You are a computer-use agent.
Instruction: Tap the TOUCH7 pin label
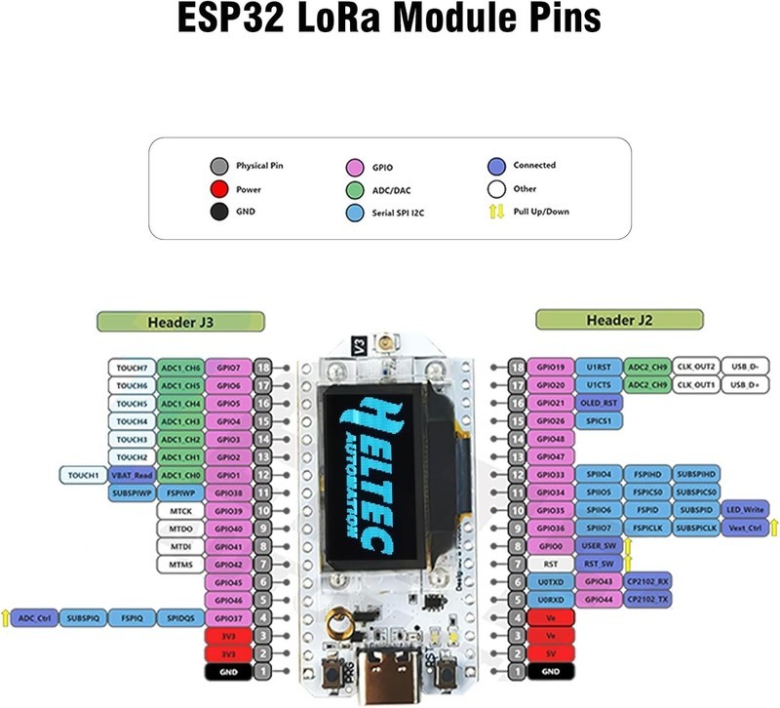[131, 368]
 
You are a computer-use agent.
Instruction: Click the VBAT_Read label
[130, 475]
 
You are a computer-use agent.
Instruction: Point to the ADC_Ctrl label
[35, 618]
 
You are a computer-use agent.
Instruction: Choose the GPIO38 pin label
[228, 492]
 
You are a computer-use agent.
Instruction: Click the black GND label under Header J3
[228, 672]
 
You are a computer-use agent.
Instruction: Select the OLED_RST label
[598, 403]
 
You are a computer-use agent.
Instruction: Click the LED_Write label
[747, 510]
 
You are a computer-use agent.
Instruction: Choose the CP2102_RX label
[647, 581]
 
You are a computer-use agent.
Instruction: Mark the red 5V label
[550, 653]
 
